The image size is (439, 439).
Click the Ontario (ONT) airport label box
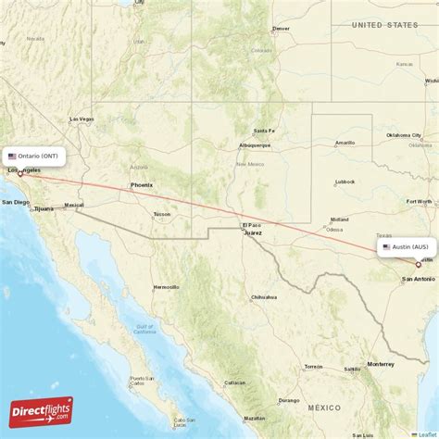[x=33, y=157]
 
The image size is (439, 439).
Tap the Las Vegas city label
[x=82, y=119]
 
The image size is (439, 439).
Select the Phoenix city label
[x=142, y=185]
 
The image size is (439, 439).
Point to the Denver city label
[x=281, y=29]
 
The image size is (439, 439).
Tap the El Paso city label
[x=251, y=225]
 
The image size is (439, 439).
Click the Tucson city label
[x=162, y=214]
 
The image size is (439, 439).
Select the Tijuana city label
[x=44, y=209]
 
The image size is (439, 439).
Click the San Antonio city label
[x=417, y=279]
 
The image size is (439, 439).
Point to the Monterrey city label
[x=381, y=364]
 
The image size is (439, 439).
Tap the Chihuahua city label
[x=264, y=297]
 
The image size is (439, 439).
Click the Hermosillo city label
[x=167, y=287]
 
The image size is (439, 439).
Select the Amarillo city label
[x=345, y=144]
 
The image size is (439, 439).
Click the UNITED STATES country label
[x=390, y=26]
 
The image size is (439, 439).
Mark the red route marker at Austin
[x=418, y=264]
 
